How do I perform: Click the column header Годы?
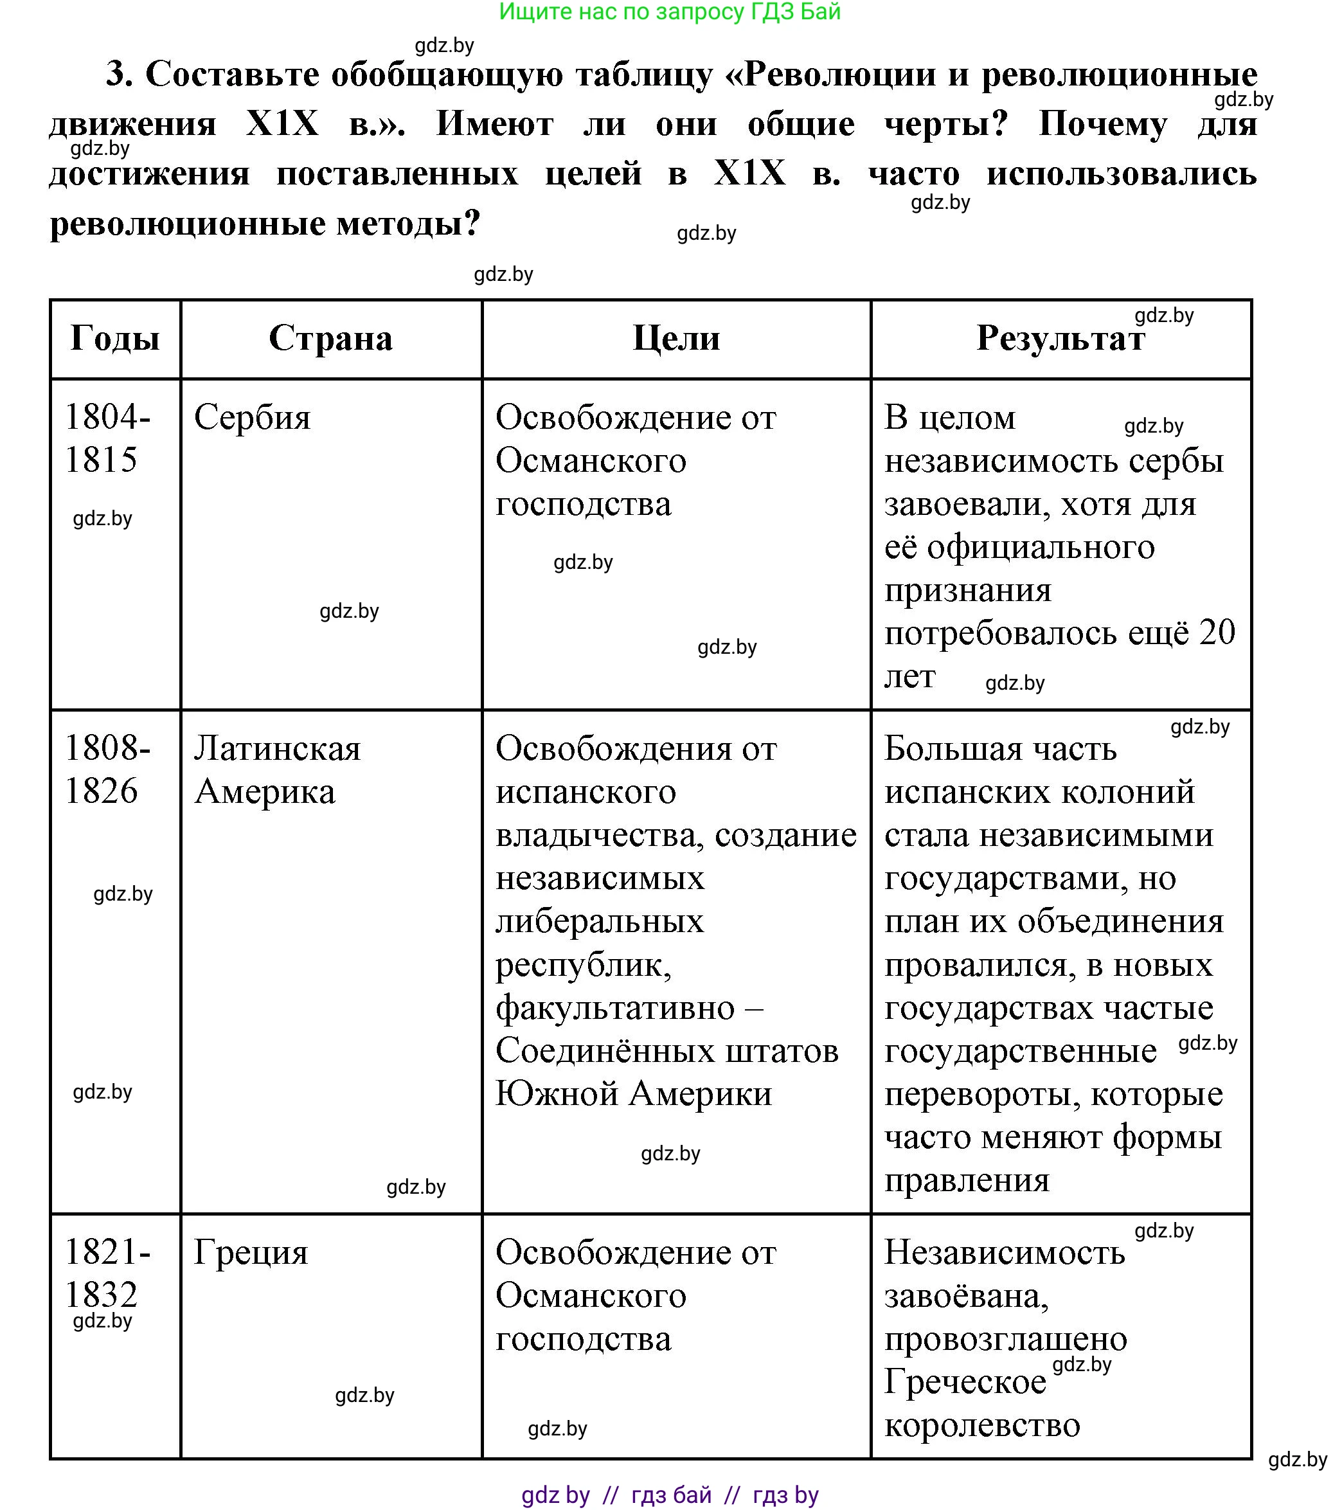(115, 339)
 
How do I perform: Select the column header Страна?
(330, 339)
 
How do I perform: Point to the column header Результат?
(1060, 339)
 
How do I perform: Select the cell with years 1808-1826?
(107, 769)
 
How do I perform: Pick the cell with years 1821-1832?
(107, 1273)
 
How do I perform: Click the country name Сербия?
(253, 417)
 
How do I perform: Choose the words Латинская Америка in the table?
(277, 769)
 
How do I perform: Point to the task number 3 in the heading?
(118, 75)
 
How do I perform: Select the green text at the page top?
(670, 12)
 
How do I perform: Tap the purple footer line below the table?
(670, 1495)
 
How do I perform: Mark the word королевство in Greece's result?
(982, 1425)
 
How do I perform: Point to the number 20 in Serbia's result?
(1217, 633)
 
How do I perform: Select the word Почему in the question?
(1103, 124)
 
